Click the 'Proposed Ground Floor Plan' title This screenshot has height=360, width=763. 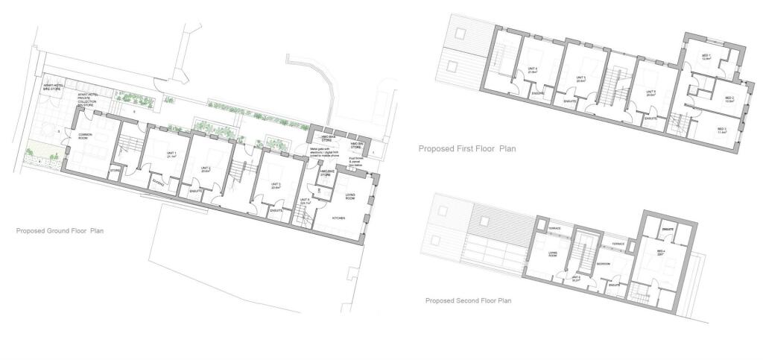[60, 231]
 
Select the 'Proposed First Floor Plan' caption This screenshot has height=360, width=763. [467, 148]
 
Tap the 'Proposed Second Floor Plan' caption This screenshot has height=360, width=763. [467, 301]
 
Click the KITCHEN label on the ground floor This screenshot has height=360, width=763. [341, 218]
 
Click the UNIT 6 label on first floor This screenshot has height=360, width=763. [650, 94]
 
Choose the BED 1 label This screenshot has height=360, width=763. [706, 57]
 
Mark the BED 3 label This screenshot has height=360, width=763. [721, 129]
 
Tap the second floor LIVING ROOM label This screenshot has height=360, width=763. [553, 255]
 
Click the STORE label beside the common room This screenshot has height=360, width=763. [115, 170]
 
